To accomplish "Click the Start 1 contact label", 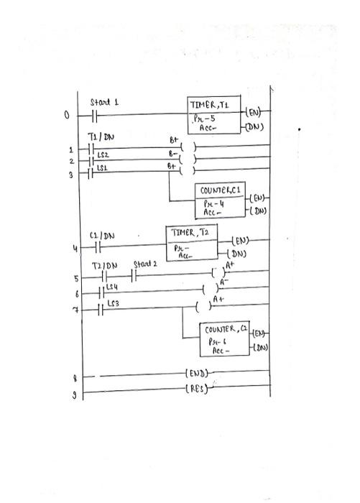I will pos(104,103).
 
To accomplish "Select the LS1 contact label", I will pos(101,167).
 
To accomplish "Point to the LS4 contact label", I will pos(111,287).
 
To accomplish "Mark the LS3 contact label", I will pos(112,305).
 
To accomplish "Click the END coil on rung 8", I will pos(196,374).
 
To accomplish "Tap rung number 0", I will pos(67,114).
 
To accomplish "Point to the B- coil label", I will pos(172,153).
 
